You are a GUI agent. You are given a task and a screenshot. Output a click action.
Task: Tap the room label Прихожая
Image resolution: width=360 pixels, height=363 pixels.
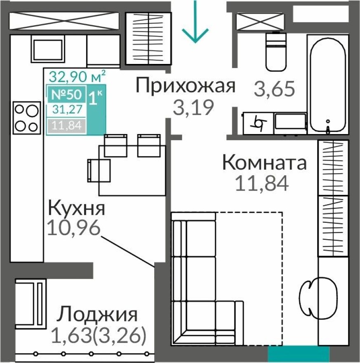[x=186, y=87]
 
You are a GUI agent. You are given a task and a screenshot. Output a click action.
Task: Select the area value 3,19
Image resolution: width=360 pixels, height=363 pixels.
[x=194, y=108]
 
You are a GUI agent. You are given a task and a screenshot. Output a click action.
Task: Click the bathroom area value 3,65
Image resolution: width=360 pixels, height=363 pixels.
[x=275, y=89]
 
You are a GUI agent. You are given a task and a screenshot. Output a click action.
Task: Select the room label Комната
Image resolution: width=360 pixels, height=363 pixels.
[x=264, y=163]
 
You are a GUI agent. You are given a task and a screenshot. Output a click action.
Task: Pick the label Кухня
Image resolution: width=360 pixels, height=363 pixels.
[x=76, y=209]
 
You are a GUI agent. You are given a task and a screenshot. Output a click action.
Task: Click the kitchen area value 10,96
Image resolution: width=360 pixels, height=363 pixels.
[x=74, y=228]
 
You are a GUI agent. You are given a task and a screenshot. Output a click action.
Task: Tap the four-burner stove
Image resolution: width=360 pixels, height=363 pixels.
[x=26, y=118]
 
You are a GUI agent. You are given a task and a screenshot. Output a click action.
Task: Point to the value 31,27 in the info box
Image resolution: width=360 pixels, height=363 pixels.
[x=68, y=109]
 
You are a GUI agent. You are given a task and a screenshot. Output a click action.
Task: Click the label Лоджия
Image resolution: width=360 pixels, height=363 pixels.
[x=97, y=315]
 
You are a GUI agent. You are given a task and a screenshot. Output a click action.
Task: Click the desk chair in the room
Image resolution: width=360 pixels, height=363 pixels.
[x=309, y=293]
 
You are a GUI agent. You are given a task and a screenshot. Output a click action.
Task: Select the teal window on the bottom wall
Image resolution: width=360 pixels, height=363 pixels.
[x=299, y=354]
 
